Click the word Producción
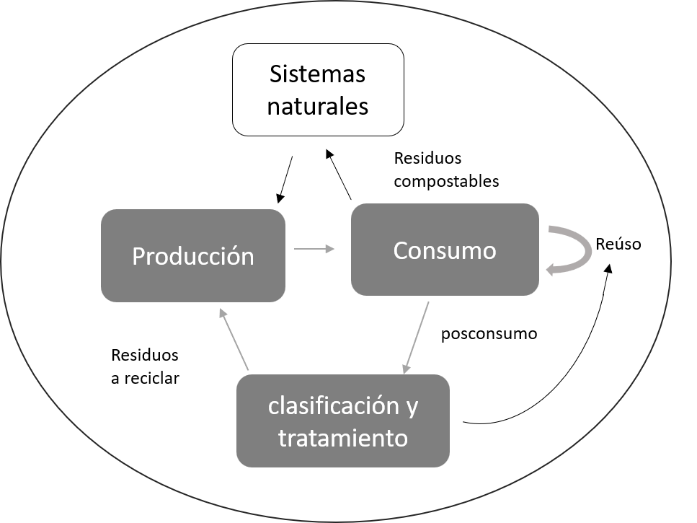coord(193,257)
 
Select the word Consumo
coord(445,251)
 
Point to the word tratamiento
coord(343,438)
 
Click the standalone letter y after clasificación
coord(412,408)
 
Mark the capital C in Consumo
coord(401,251)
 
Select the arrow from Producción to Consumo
coord(314,249)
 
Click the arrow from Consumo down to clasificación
coord(417,337)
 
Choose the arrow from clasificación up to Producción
coord(234,340)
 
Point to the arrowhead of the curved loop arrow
coord(551,270)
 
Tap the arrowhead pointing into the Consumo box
coord(331,249)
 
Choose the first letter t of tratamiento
coord(282,438)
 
